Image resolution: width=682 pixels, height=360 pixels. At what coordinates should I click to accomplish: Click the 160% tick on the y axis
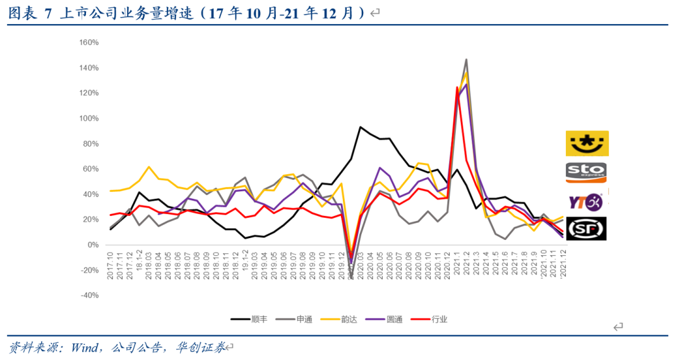pyautogui.click(x=90, y=42)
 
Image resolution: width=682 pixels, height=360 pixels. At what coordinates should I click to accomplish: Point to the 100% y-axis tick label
pyautogui.click(x=90, y=118)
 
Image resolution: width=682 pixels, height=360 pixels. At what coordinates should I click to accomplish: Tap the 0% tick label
pyautogui.click(x=93, y=244)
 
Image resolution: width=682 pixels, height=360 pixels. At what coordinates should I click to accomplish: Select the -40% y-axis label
pyautogui.click(x=90, y=295)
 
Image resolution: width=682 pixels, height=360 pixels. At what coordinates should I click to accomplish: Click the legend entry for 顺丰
pyautogui.click(x=250, y=319)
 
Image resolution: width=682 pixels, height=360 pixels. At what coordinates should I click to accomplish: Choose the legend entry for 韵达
pyautogui.click(x=340, y=319)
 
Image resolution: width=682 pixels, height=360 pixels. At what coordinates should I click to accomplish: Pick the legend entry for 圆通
pyautogui.click(x=386, y=319)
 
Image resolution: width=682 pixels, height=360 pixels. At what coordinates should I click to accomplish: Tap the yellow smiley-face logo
pyautogui.click(x=587, y=143)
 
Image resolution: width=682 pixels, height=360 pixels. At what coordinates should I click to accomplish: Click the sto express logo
pyautogui.click(x=587, y=172)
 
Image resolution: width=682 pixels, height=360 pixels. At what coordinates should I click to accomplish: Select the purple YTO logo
pyautogui.click(x=586, y=201)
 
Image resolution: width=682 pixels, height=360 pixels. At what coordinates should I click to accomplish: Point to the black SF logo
pyautogui.click(x=587, y=229)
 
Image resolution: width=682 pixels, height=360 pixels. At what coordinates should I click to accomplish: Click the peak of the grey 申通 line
pyautogui.click(x=466, y=60)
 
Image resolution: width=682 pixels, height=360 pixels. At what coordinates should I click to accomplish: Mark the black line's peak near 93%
pyautogui.click(x=360, y=127)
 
